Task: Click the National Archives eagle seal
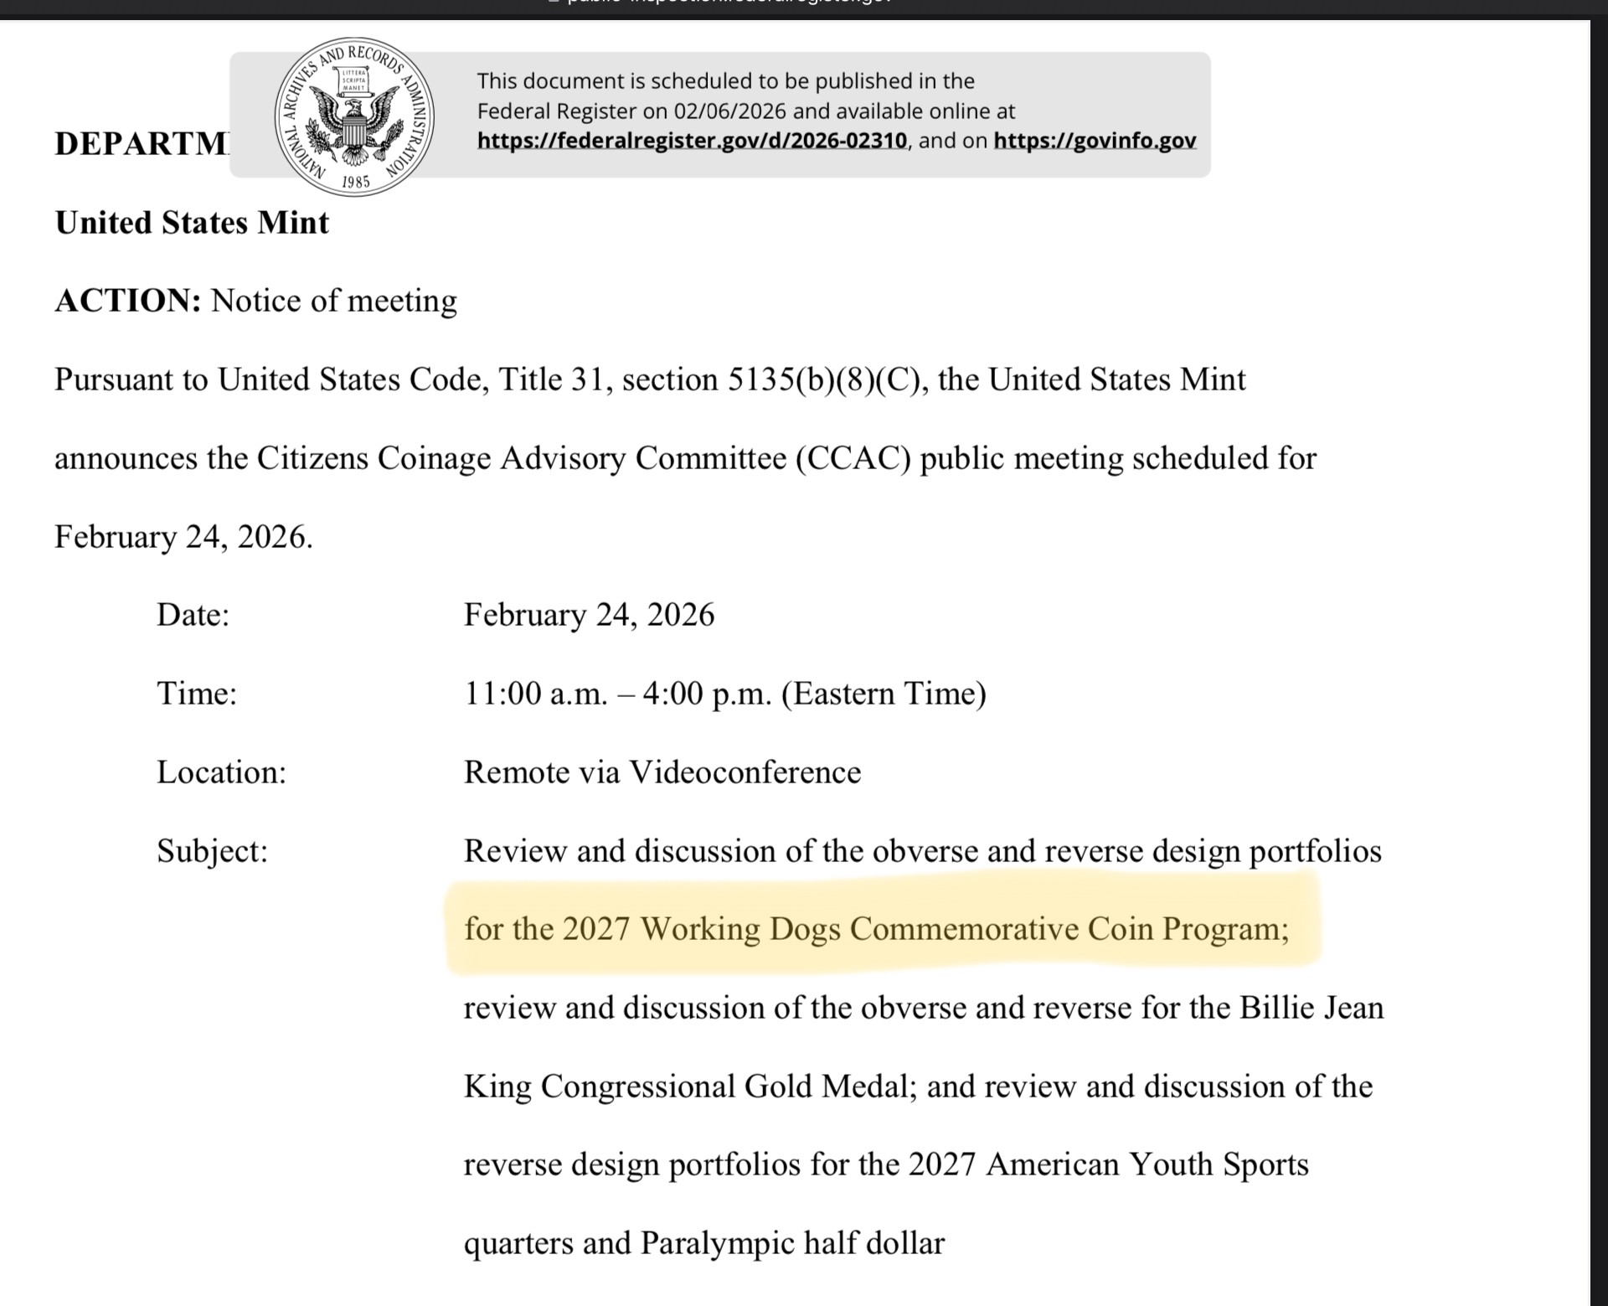(354, 116)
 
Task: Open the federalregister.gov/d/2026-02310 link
(692, 141)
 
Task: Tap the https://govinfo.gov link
(1095, 141)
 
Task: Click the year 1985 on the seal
(355, 182)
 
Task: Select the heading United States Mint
(192, 223)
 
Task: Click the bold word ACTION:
(128, 301)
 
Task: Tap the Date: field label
(193, 615)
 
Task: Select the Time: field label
(197, 694)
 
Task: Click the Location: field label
(221, 772)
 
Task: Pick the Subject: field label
(212, 851)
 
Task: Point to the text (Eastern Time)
(884, 694)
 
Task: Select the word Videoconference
(745, 772)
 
